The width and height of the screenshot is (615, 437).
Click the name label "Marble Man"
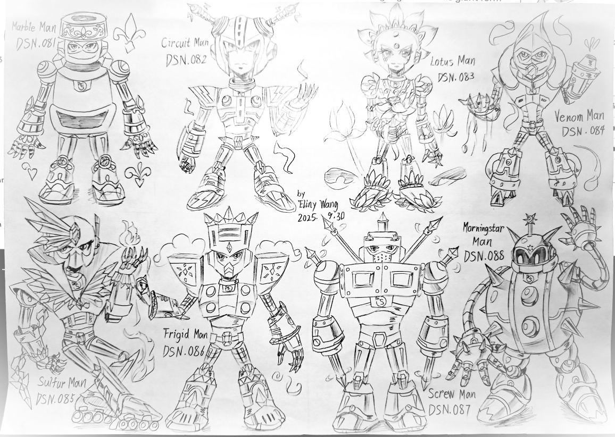pyautogui.click(x=34, y=27)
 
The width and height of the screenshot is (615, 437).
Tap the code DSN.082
pyautogui.click(x=186, y=60)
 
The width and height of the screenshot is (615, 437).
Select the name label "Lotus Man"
pyautogui.click(x=453, y=62)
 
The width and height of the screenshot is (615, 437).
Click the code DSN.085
pyautogui.click(x=55, y=399)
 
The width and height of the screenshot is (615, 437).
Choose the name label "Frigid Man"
pyautogui.click(x=185, y=335)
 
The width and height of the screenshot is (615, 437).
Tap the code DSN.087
pyautogui.click(x=449, y=409)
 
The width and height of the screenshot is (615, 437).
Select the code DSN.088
pyautogui.click(x=484, y=256)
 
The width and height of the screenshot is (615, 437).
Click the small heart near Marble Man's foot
pyautogui.click(x=29, y=169)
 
